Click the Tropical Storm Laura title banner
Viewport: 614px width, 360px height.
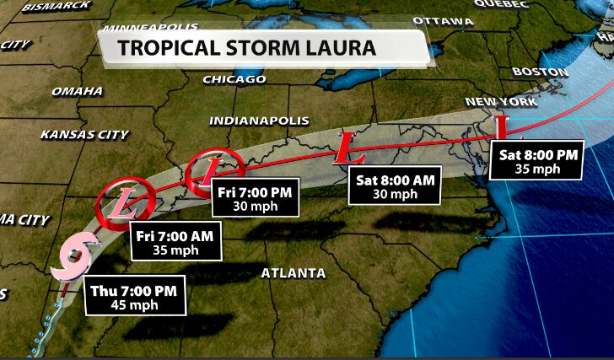click(261, 47)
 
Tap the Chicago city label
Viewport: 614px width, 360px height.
click(234, 79)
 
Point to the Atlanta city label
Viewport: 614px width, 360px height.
click(293, 273)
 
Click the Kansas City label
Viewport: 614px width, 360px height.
click(84, 134)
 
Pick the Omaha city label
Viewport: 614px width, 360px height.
click(77, 91)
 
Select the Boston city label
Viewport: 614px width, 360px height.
click(541, 72)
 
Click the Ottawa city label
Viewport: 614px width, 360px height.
click(444, 20)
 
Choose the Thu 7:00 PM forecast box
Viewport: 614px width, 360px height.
click(132, 298)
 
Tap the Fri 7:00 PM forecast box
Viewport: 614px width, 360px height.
click(254, 199)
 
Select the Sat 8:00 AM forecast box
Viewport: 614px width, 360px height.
click(395, 186)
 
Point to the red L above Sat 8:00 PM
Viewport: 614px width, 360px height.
click(502, 129)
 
